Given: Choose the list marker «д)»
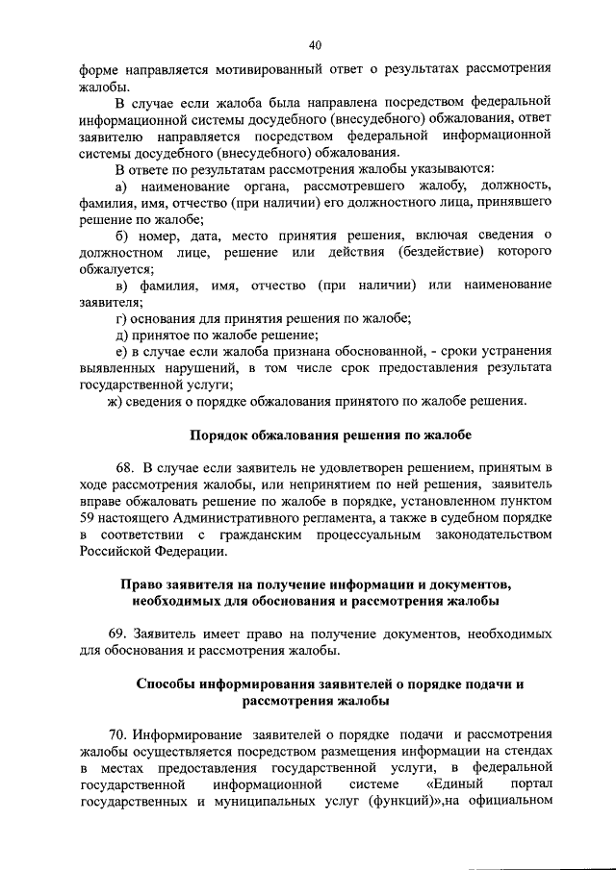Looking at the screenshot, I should [x=121, y=335].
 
